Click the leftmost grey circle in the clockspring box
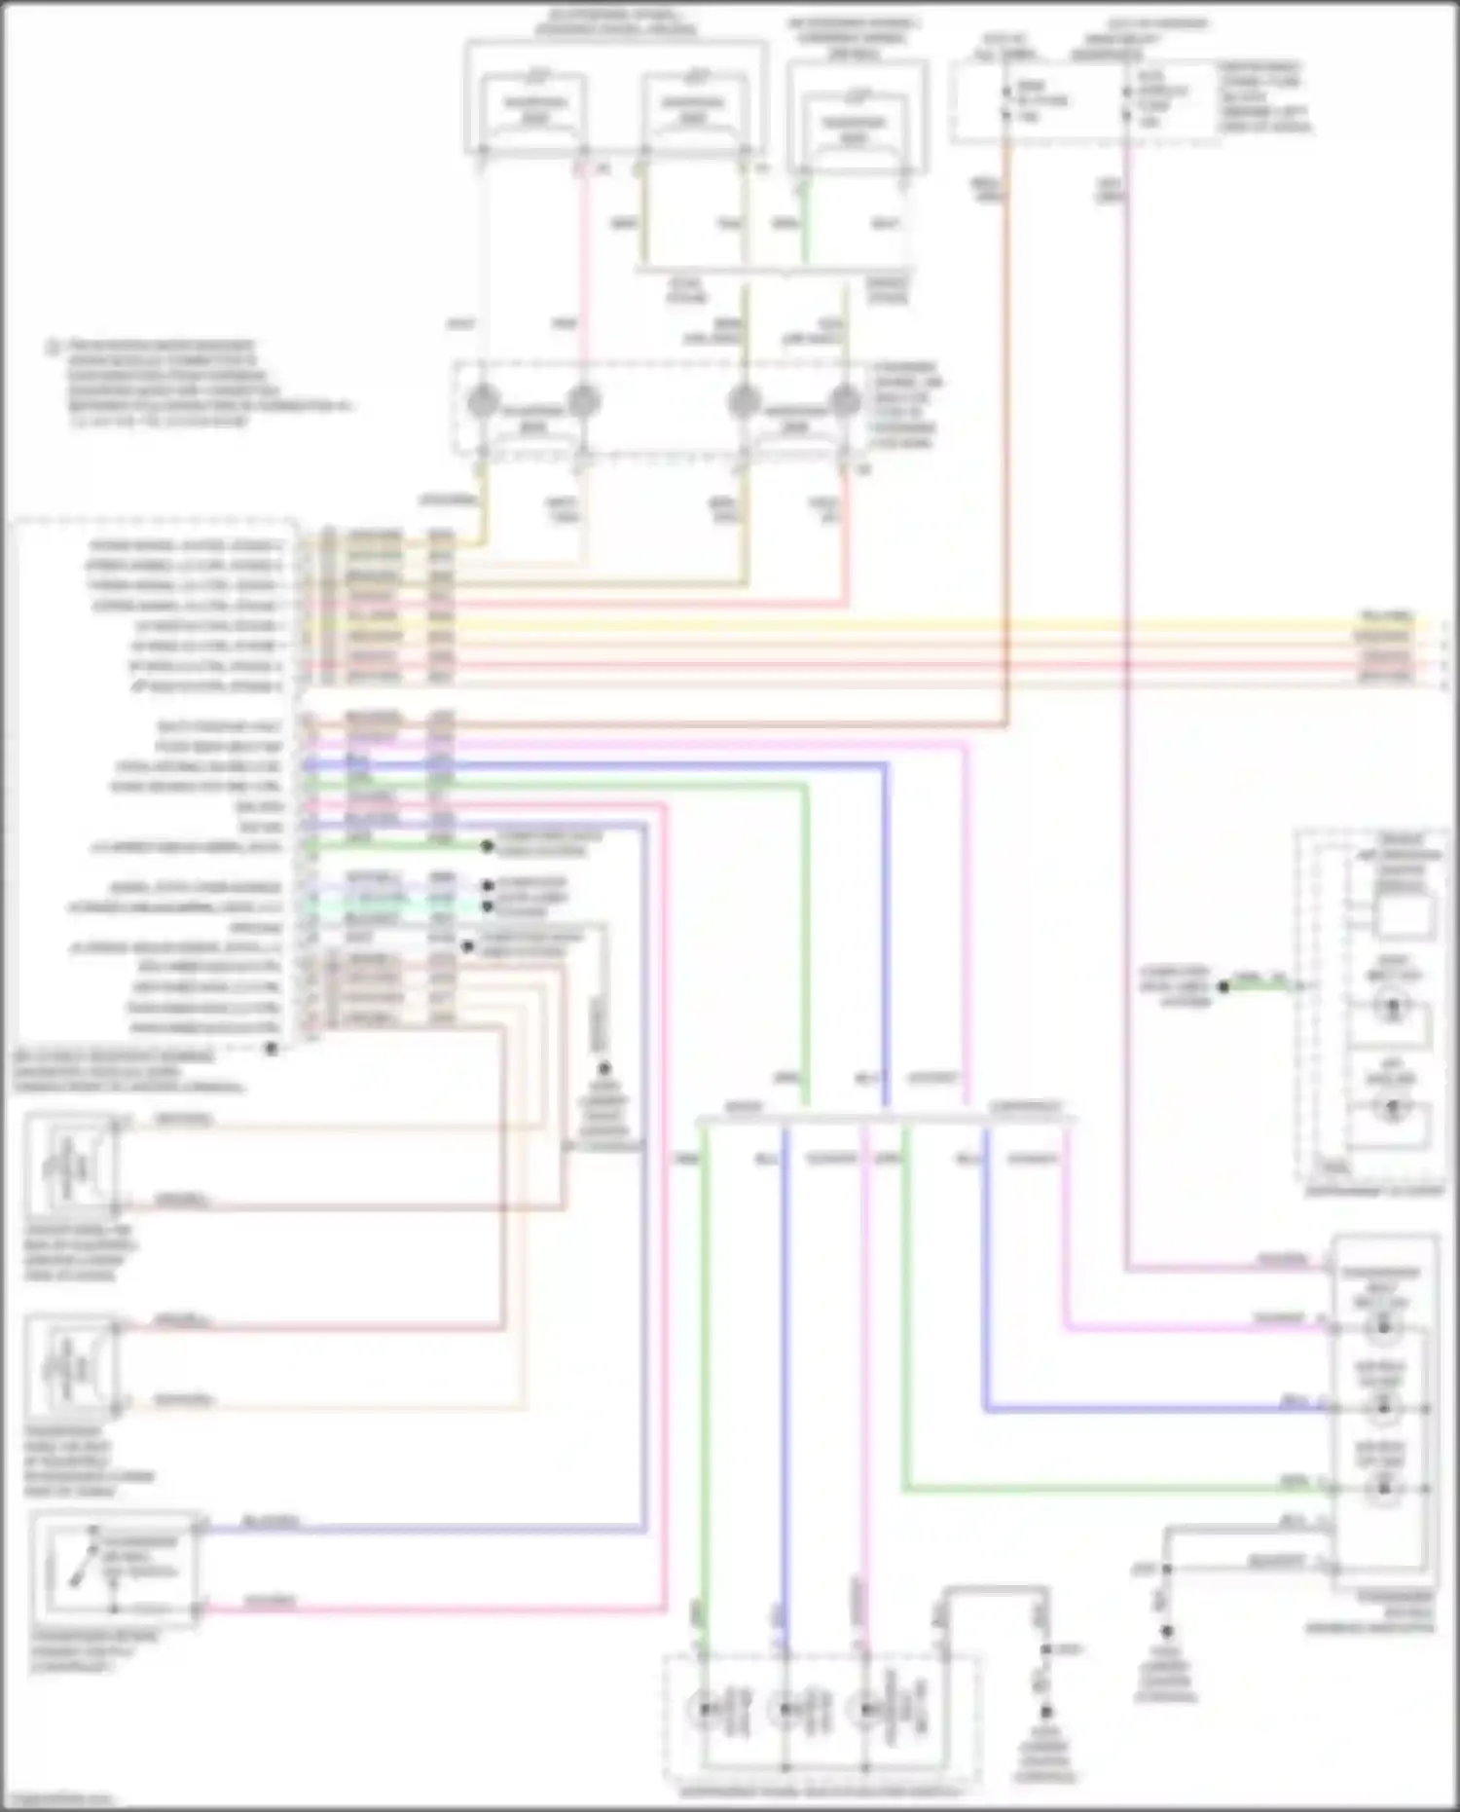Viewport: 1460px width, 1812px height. click(x=484, y=400)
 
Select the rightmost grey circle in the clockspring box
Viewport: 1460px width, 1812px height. click(x=845, y=400)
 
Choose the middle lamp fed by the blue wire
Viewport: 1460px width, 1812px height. click(x=1382, y=1408)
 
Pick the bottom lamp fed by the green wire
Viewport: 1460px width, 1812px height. click(x=1382, y=1488)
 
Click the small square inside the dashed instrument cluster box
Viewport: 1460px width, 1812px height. click(x=1402, y=916)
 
